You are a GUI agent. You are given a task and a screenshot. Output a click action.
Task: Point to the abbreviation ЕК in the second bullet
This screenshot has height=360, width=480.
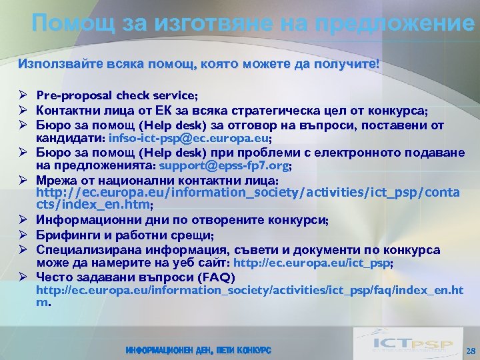166,111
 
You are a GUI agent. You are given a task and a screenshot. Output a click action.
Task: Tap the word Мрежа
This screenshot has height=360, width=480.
55,181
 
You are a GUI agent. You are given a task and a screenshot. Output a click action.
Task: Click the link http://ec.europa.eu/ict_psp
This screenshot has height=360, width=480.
312,263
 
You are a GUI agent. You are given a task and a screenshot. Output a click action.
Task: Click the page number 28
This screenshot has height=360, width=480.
470,350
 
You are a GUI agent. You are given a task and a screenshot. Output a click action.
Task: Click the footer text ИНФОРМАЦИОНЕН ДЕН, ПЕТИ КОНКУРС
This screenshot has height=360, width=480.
198,351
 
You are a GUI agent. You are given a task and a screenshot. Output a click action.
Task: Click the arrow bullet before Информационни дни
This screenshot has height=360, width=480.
23,221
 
